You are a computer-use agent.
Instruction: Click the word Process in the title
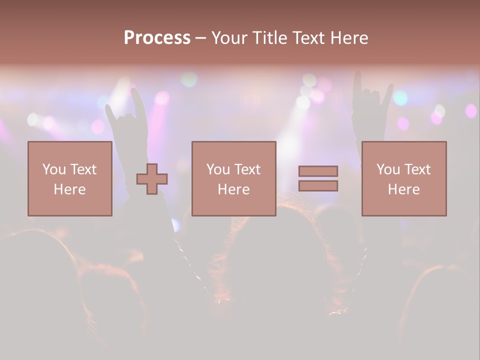[x=157, y=38]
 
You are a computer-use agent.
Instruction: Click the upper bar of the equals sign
[x=318, y=171]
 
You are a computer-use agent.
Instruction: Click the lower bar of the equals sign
[x=318, y=186]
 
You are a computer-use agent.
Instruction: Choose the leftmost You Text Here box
[x=70, y=178]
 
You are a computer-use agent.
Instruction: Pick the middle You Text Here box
[x=233, y=178]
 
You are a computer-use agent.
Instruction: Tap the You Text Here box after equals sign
[x=404, y=178]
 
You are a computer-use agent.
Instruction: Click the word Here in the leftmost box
[x=70, y=189]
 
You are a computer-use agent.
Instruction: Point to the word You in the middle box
[x=218, y=169]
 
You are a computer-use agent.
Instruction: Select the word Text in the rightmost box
[x=416, y=169]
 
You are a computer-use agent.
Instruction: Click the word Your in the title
[x=230, y=38]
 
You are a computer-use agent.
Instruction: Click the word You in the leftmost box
[x=54, y=169]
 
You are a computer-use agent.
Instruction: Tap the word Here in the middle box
[x=233, y=189]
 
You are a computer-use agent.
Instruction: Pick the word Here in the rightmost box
[x=404, y=189]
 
